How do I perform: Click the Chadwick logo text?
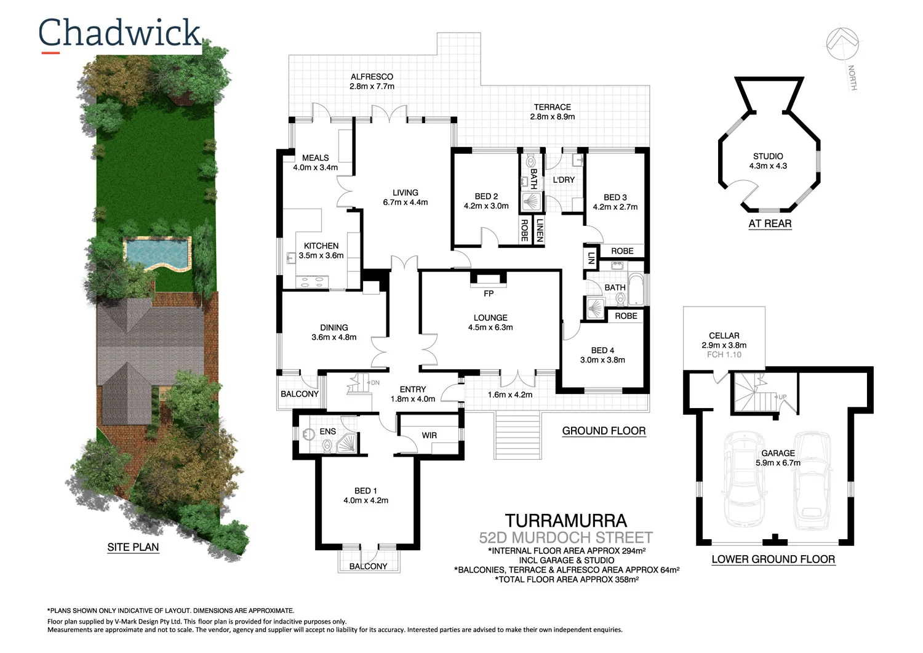coord(119,33)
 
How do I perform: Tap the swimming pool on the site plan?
coord(157,253)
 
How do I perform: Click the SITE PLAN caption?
coord(133,547)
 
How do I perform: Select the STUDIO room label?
coord(768,156)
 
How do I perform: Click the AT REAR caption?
coord(770,223)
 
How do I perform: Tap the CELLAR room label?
coord(724,335)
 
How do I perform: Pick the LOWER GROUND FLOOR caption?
coord(773,559)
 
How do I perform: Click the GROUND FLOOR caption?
coord(604,431)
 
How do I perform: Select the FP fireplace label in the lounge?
coord(489,294)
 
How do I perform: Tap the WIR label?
coord(429,435)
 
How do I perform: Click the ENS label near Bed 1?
coord(327,431)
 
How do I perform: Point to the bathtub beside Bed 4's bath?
coord(636,290)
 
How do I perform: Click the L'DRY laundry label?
coord(564,180)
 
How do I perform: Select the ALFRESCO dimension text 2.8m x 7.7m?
coord(372,86)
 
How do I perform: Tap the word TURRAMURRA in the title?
coord(565,521)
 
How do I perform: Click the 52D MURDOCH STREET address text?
coord(565,537)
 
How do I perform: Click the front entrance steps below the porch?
coord(518,435)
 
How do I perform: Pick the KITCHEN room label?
coord(321,246)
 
